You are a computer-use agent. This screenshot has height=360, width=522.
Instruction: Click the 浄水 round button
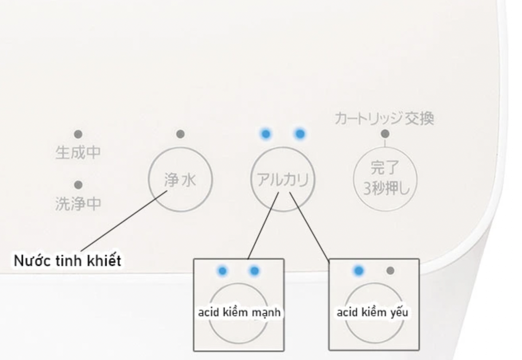pos(180,180)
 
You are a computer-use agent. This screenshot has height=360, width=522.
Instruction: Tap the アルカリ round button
pos(283,180)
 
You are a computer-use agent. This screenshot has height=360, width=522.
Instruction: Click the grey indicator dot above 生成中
pos(78,134)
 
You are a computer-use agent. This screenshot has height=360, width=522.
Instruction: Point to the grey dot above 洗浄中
pos(78,185)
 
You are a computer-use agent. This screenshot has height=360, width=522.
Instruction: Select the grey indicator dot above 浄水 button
pos(180,134)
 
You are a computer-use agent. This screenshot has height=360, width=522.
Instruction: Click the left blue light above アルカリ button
pos(265,134)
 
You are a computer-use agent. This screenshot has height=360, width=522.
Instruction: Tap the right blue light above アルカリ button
pos(300,134)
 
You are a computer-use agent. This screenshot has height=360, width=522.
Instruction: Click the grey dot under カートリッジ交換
pos(385,134)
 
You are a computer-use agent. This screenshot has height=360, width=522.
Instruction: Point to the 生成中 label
pos(78,153)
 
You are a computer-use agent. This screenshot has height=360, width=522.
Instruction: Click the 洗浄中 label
pos(78,203)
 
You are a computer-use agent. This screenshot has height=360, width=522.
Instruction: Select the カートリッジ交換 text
pos(384,119)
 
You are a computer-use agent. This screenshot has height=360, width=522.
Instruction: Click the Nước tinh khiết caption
pos(67,261)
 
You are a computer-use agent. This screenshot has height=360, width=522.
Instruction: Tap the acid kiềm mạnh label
pos(239,313)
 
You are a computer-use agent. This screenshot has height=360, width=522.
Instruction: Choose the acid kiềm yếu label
pos(373,313)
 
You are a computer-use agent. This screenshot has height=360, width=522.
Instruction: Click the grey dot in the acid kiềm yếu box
pos(391,271)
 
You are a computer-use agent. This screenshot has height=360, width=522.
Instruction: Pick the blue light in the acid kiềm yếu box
pos(359,271)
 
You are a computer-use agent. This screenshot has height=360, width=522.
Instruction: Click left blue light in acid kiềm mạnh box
pos(222,271)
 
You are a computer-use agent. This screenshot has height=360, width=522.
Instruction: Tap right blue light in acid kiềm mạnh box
pos(254,271)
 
